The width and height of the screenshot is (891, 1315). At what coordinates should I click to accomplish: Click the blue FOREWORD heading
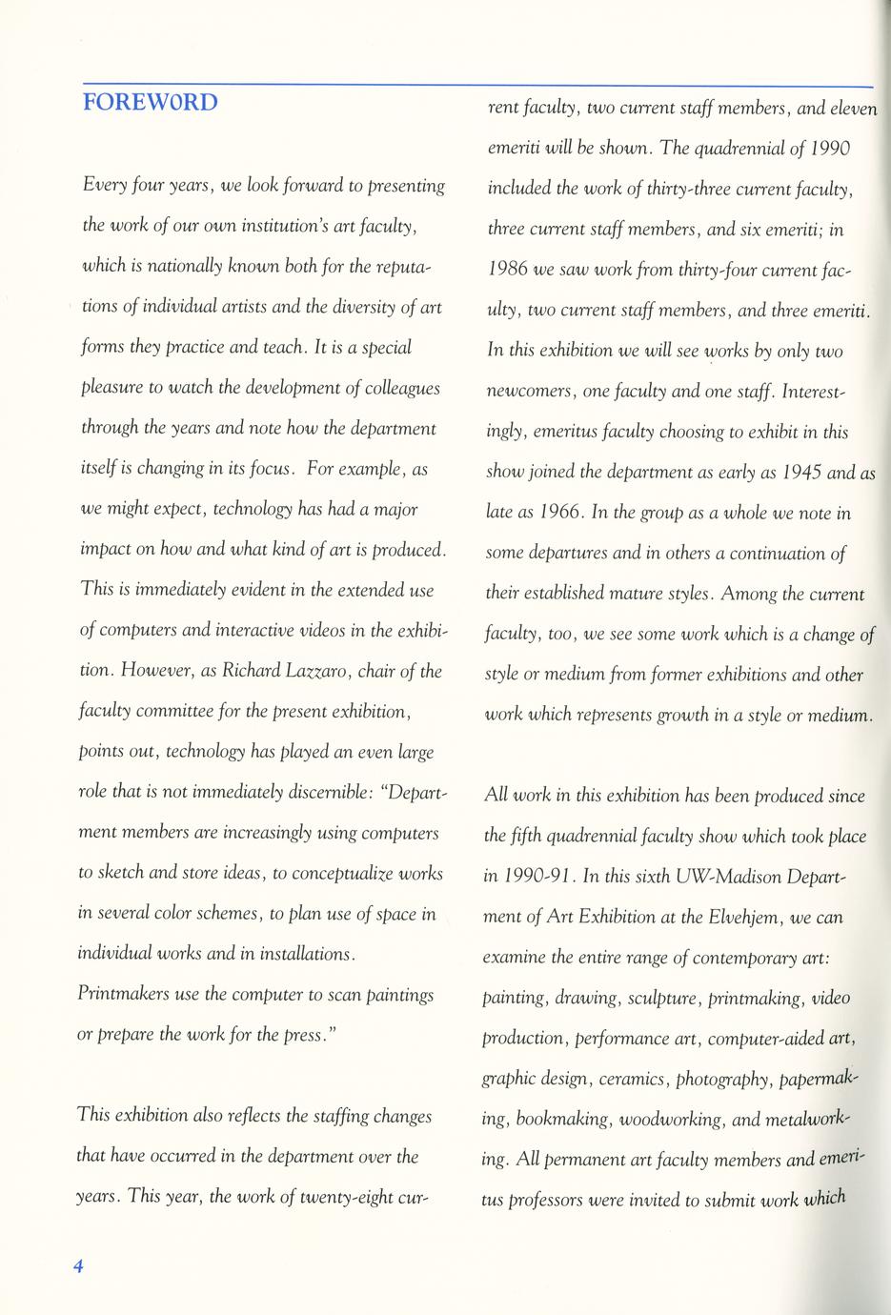click(x=151, y=101)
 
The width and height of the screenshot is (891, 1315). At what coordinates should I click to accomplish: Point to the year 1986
click(x=508, y=270)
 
